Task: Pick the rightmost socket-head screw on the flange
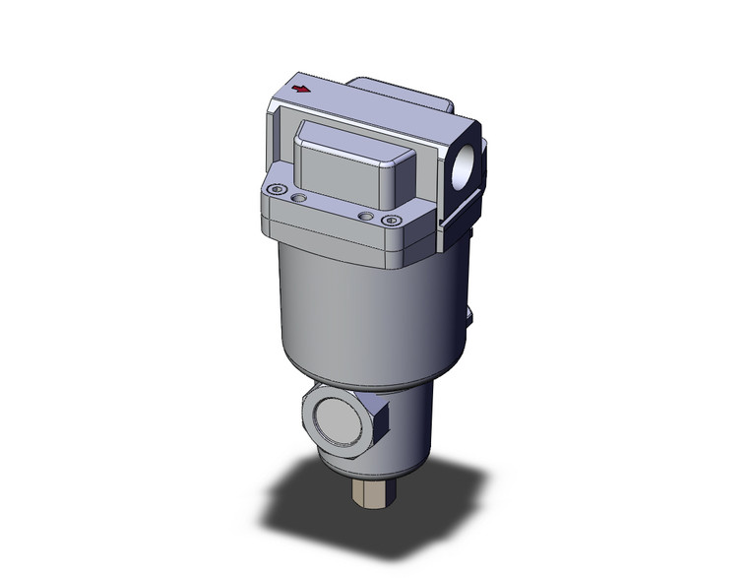coord(389,220)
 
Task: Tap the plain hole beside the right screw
coord(365,215)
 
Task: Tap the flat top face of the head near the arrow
coord(344,103)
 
